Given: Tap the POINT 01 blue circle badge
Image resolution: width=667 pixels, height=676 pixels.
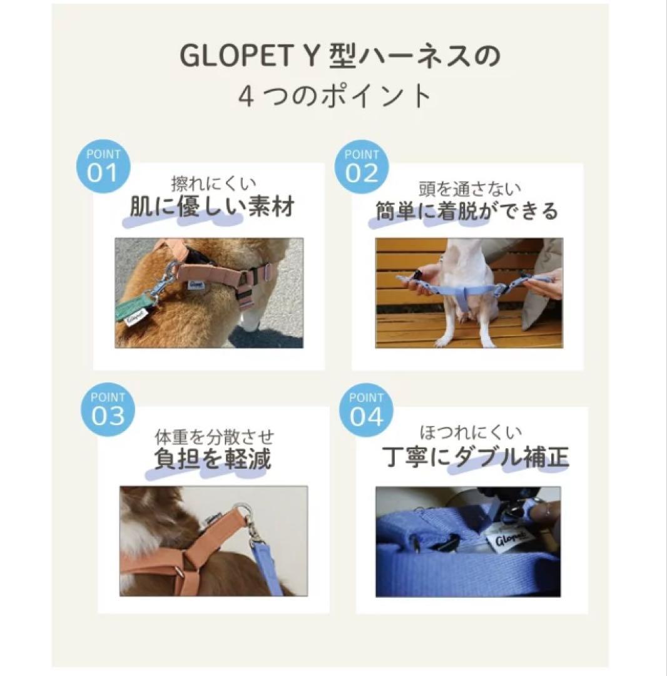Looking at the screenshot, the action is (103, 166).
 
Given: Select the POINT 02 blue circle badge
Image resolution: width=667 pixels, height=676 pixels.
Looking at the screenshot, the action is (362, 166).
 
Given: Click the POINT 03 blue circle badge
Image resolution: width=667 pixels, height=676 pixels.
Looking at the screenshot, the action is (108, 409).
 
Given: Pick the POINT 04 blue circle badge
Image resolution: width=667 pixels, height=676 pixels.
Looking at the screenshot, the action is (366, 410).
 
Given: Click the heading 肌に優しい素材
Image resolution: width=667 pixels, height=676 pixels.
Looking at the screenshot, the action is (212, 207).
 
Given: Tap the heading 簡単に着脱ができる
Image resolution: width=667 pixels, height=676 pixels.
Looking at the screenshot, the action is (467, 211).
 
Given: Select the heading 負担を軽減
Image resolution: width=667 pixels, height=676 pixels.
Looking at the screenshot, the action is (213, 458).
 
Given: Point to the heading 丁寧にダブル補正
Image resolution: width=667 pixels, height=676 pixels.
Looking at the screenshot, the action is (476, 457).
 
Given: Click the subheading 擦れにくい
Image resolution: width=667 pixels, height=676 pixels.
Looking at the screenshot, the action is (213, 183).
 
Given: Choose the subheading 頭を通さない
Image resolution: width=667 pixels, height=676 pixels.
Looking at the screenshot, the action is (470, 188).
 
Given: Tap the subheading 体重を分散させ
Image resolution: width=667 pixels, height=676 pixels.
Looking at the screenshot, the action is (214, 437).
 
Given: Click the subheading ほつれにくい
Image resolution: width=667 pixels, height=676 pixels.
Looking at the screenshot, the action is (471, 432).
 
